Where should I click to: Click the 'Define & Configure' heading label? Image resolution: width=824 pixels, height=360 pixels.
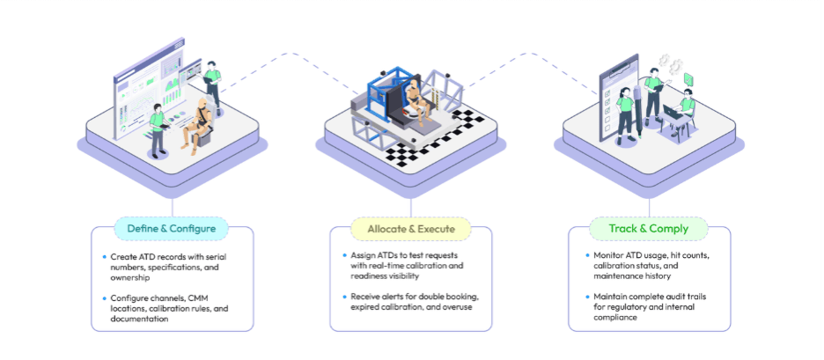[x=172, y=229]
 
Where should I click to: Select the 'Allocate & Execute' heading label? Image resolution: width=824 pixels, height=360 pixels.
[x=411, y=229]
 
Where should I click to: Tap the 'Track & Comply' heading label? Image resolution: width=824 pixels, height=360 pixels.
[x=649, y=229]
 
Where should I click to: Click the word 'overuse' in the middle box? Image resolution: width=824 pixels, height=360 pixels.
[x=458, y=307]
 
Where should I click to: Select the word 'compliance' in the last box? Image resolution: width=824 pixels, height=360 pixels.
[x=613, y=318]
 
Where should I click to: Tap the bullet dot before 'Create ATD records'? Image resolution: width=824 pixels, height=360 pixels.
[x=104, y=256]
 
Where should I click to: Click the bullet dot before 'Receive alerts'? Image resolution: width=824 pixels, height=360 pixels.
[x=344, y=297]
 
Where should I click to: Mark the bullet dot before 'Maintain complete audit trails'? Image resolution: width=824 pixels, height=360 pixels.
[x=587, y=297]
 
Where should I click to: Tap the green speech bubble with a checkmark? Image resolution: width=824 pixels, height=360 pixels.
[x=688, y=79]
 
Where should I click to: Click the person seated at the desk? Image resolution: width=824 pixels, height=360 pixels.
[x=684, y=112]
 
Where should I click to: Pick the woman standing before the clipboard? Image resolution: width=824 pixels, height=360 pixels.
[x=625, y=114]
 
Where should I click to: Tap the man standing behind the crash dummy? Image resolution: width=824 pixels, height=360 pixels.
[x=212, y=86]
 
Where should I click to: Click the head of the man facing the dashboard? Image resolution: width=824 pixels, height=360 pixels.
[x=157, y=109]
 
